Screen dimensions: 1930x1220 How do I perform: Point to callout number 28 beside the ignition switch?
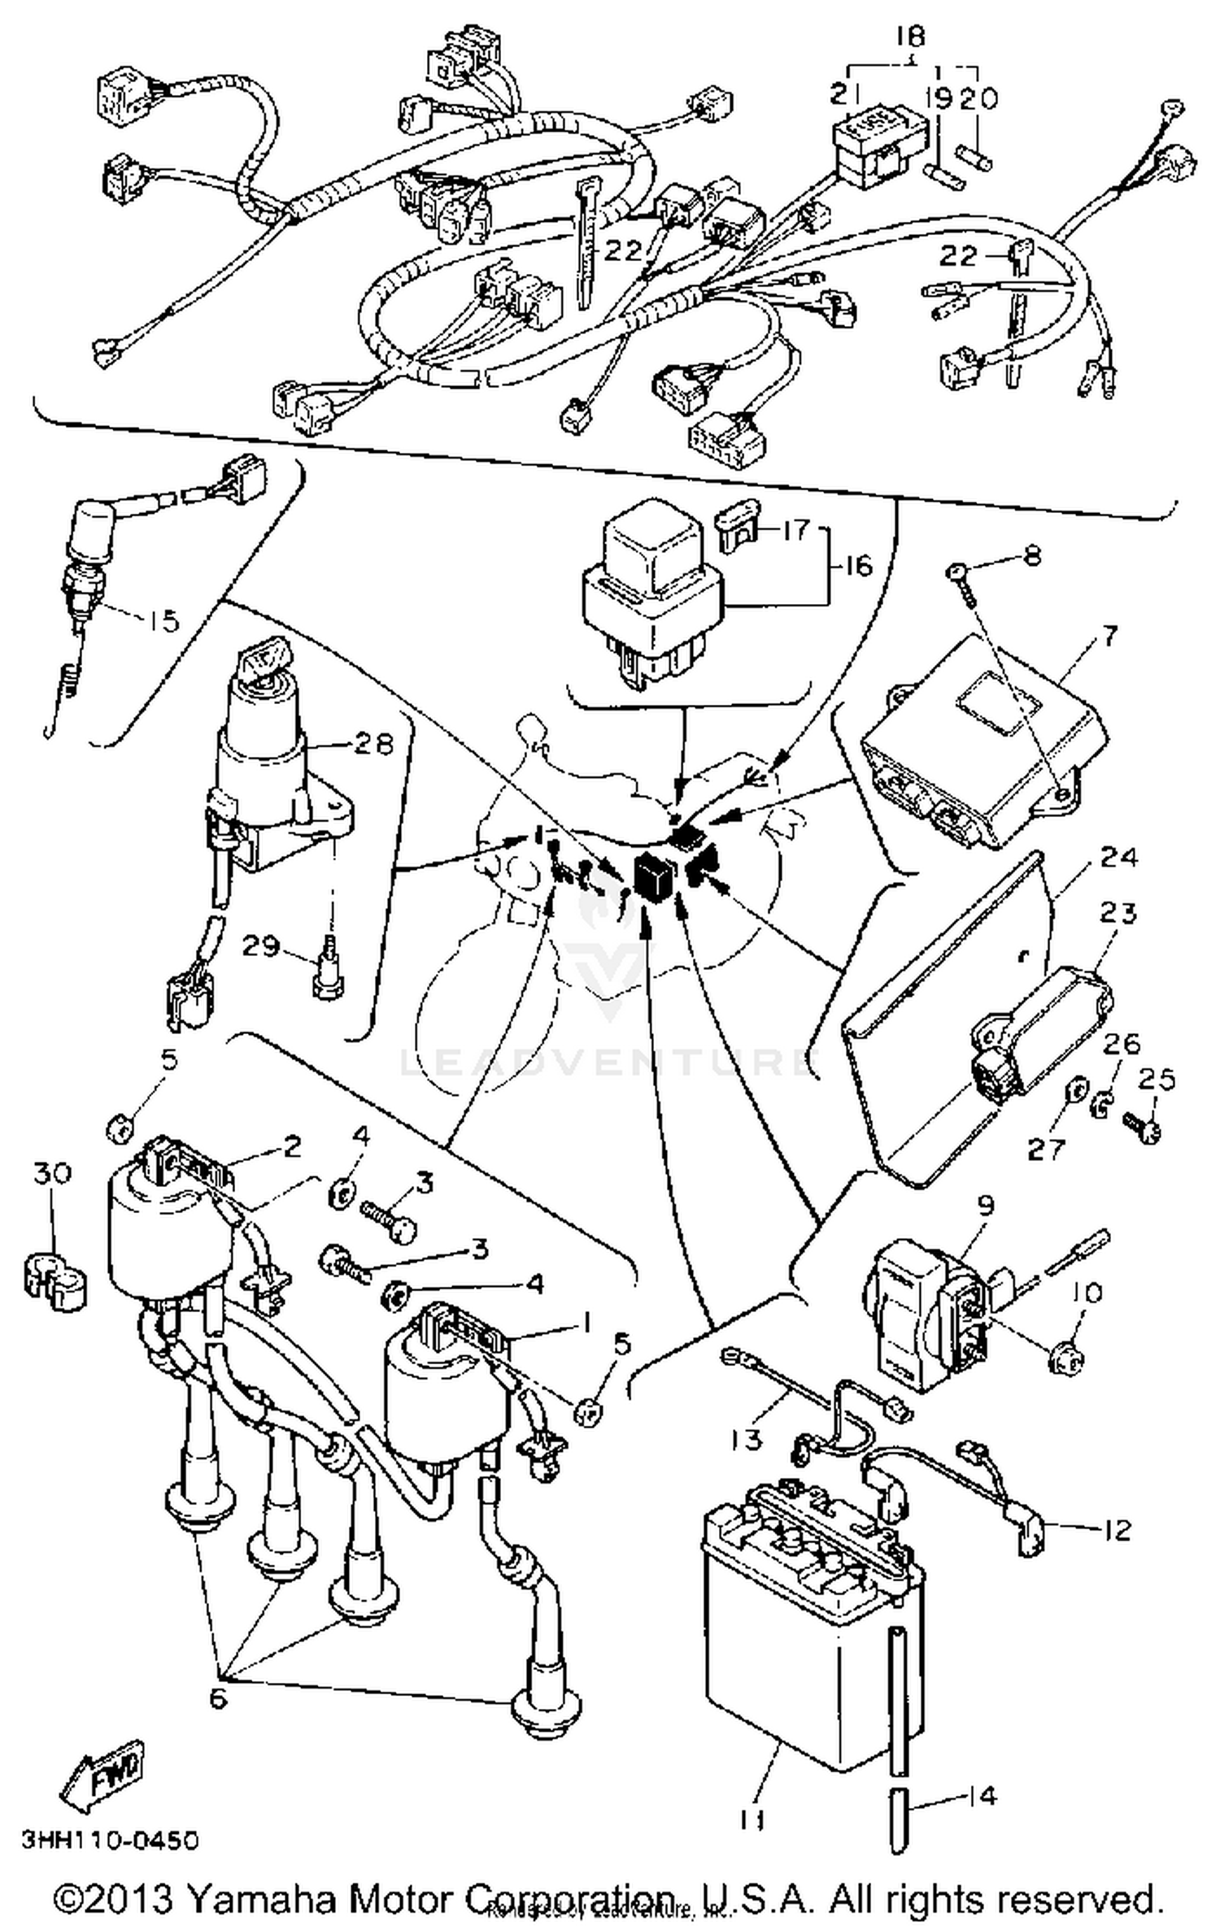pyautogui.click(x=374, y=743)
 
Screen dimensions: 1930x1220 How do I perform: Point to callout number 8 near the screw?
pyautogui.click(x=1031, y=559)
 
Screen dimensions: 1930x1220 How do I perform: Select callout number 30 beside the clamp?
pyautogui.click(x=53, y=1173)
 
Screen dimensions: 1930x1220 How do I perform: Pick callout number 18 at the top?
pyautogui.click(x=911, y=37)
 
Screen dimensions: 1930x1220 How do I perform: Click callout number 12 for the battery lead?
pyautogui.click(x=1118, y=1529)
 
